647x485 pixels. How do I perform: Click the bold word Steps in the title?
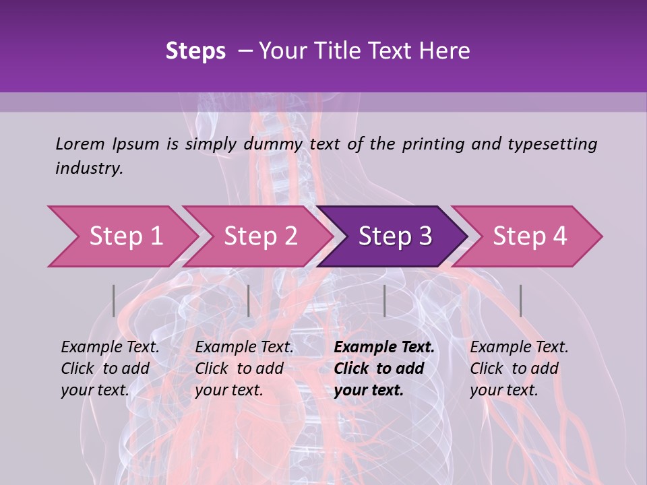[195, 51]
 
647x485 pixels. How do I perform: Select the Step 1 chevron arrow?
[125, 236]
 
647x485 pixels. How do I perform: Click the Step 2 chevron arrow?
[260, 236]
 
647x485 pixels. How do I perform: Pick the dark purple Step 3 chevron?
[395, 236]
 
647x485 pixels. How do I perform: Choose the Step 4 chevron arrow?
[530, 236]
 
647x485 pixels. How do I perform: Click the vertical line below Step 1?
[114, 300]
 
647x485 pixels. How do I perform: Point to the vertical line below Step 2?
[249, 300]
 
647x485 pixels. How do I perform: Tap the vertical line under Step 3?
[384, 300]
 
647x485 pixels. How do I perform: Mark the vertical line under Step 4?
[520, 300]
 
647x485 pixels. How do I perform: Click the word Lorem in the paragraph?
[80, 144]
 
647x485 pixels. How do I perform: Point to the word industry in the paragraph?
[89, 168]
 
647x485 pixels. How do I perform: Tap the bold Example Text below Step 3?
[384, 348]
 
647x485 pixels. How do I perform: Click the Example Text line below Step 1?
[110, 348]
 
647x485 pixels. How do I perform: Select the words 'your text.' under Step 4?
[503, 390]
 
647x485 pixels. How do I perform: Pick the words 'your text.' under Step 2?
[228, 390]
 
